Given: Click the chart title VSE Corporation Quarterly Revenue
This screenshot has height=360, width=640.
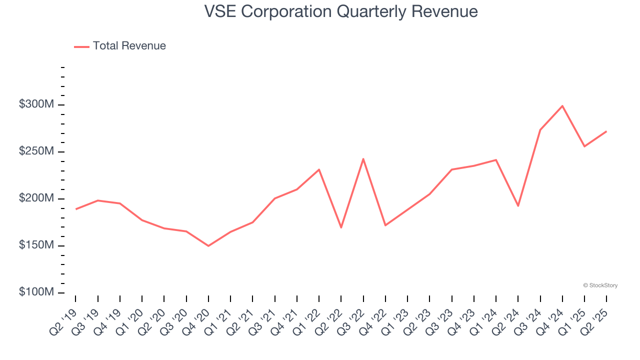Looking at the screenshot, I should (341, 11).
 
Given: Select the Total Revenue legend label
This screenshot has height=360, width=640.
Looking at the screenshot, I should (129, 46).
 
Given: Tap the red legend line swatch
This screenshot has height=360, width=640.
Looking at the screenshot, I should (81, 46).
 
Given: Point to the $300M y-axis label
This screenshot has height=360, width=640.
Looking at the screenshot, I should (36, 104).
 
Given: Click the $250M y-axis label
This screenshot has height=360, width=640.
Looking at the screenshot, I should (36, 151).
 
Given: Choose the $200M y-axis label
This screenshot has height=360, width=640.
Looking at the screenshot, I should (36, 198).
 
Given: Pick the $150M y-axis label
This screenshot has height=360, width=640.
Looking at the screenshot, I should (36, 245).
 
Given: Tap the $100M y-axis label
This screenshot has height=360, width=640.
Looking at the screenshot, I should (36, 292).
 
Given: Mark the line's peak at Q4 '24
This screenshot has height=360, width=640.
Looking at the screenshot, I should (562, 106).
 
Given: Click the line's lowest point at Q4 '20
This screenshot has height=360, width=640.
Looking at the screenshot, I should (208, 246).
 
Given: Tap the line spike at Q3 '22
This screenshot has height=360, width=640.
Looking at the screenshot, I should (363, 159).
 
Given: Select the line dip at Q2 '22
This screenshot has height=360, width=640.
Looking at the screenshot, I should (341, 227).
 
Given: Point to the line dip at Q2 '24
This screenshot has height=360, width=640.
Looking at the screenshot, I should (518, 206).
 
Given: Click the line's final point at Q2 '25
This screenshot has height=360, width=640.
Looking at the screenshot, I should (606, 131).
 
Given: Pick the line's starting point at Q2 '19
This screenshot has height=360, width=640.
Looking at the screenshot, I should (76, 209).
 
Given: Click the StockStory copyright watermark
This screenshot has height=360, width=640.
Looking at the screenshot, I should (600, 285).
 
